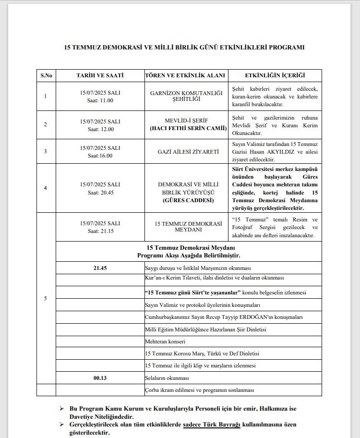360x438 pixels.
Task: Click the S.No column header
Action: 46,76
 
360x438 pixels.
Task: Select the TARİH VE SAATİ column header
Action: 100,76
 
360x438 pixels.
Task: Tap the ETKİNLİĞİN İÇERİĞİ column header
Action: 275,76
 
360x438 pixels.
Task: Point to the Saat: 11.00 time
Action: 100,100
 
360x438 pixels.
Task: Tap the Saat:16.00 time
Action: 100,156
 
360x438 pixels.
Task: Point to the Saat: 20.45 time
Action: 100,192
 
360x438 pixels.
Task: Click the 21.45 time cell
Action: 100,268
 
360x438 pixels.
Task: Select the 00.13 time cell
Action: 100,378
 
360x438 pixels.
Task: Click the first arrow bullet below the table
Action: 61,408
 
